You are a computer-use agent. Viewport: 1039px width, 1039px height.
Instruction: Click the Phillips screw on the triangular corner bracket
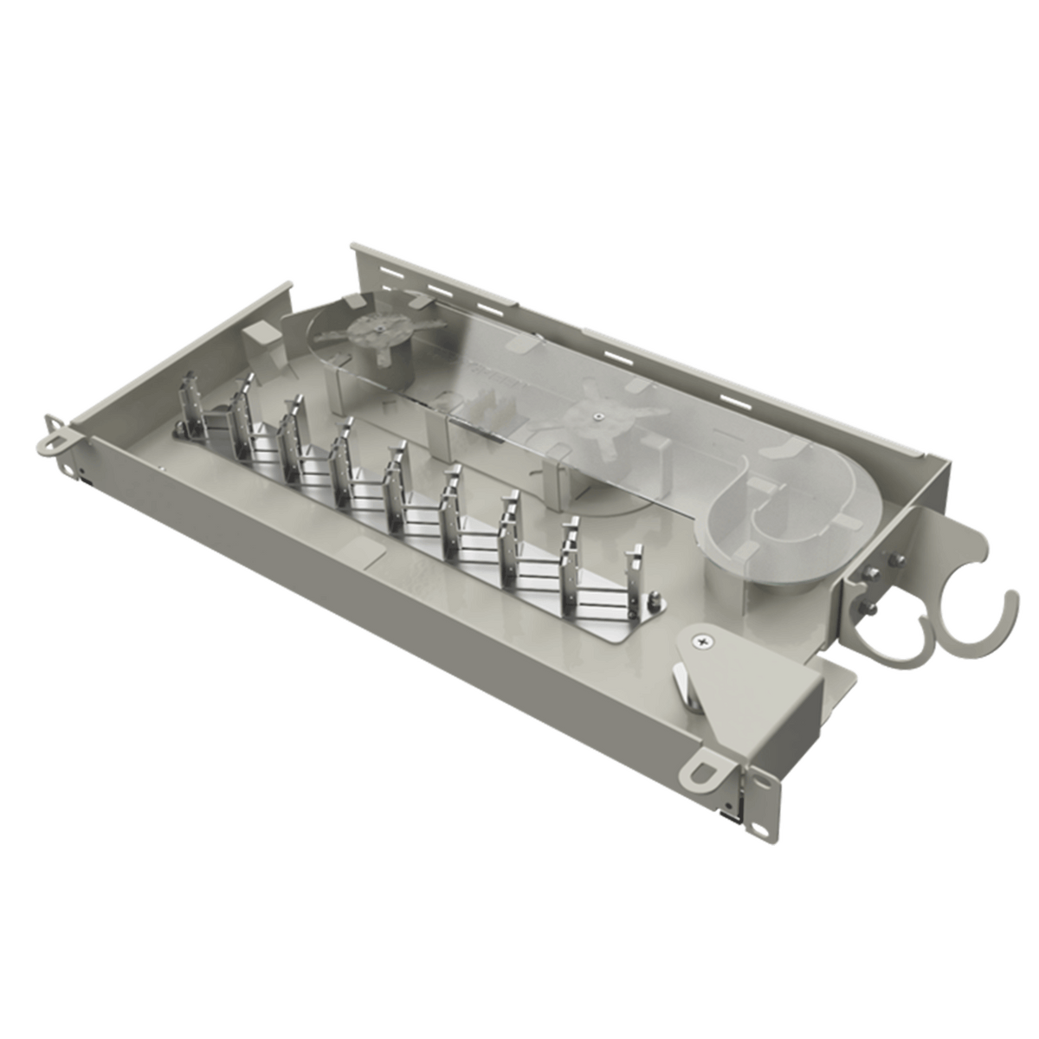coord(699,641)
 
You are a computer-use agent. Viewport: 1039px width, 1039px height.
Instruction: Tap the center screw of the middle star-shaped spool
coord(598,416)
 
